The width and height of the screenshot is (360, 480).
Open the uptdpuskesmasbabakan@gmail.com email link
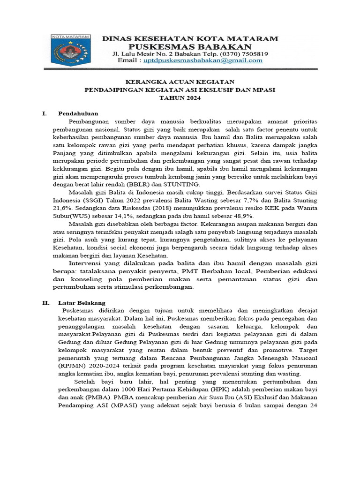[202, 60]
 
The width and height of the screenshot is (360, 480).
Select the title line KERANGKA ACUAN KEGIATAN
[180, 82]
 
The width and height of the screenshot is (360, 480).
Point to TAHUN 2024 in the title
[180, 97]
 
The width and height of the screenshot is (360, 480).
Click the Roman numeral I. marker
[45, 113]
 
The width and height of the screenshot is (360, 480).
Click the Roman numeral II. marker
[45, 303]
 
